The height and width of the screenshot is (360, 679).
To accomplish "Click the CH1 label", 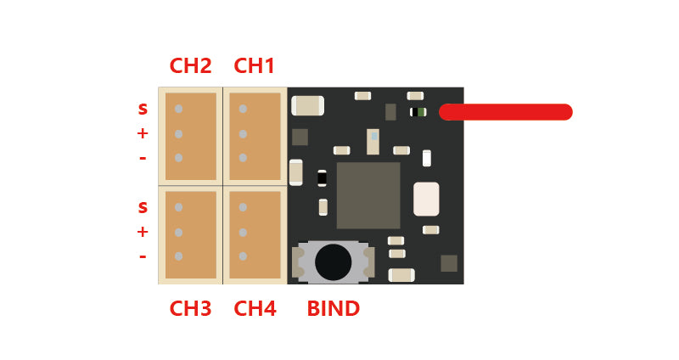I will pyautogui.click(x=255, y=66).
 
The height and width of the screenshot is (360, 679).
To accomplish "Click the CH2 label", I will pyautogui.click(x=191, y=66).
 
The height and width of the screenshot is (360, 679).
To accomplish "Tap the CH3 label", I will pyautogui.click(x=191, y=308).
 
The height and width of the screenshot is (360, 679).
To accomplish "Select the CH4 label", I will pyautogui.click(x=255, y=308).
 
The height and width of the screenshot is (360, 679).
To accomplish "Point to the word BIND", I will pyautogui.click(x=333, y=308).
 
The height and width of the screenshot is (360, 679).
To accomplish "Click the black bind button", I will pyautogui.click(x=333, y=262).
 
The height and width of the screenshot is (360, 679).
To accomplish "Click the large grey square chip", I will pyautogui.click(x=368, y=195).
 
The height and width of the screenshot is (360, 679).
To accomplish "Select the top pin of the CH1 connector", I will pyautogui.click(x=243, y=109).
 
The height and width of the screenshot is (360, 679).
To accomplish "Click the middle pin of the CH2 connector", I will pyautogui.click(x=179, y=133).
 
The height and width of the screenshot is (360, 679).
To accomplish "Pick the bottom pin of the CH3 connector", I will pyautogui.click(x=179, y=256).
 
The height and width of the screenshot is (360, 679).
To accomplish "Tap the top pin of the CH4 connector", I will pyautogui.click(x=243, y=207).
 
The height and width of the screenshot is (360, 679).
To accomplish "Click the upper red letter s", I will pyautogui.click(x=143, y=110).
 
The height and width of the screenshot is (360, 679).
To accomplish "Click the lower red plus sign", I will pyautogui.click(x=143, y=232).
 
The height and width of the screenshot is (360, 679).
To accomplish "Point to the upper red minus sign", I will pyautogui.click(x=143, y=158).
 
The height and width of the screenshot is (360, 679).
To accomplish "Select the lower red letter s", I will pyautogui.click(x=143, y=208).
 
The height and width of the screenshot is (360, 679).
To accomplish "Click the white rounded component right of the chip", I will pyautogui.click(x=426, y=199).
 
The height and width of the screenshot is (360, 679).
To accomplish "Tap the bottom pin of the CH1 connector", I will pyautogui.click(x=243, y=157).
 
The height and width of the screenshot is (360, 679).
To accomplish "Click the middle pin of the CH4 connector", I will pyautogui.click(x=243, y=232).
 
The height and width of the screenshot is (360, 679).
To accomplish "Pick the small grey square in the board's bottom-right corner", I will pyautogui.click(x=449, y=263).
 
